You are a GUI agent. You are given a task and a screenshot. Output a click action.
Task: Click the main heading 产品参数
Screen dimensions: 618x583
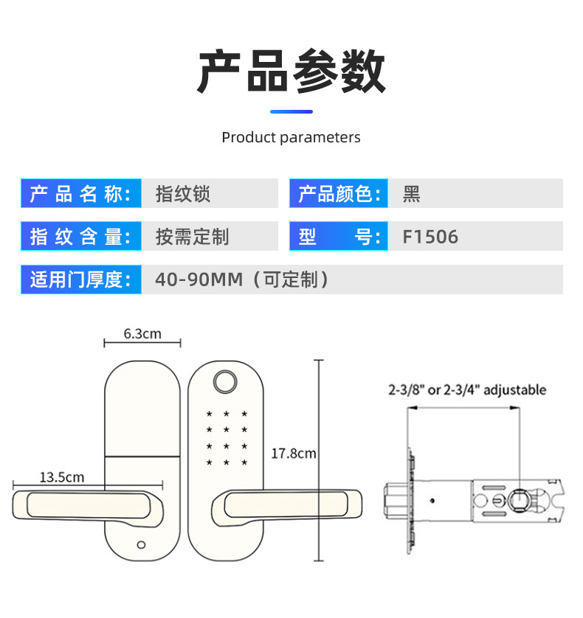[291, 72]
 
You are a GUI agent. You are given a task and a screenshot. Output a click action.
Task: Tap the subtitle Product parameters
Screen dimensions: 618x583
[291, 137]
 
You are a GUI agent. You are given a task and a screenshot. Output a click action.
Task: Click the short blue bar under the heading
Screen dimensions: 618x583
[291, 111]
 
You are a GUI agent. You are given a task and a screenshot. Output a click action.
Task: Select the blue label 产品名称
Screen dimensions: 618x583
[80, 194]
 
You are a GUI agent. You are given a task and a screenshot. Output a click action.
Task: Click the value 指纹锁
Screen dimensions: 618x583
[183, 194]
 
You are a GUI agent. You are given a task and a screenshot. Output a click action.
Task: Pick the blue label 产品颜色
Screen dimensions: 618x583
[338, 194]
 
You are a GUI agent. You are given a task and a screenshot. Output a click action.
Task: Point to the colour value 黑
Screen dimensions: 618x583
[411, 194]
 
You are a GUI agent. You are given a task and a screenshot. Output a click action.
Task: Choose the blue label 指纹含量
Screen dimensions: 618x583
[80, 237]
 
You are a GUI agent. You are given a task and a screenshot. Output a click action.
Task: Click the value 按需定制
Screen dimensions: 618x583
[192, 237]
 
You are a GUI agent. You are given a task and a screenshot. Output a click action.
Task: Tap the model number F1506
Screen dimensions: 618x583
[430, 237]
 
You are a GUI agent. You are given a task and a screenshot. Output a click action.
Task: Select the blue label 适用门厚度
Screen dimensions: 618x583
[80, 280]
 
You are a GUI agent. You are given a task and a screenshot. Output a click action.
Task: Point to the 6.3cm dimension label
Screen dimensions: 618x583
[142, 333]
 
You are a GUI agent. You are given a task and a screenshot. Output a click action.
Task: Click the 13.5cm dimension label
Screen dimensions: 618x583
[61, 477]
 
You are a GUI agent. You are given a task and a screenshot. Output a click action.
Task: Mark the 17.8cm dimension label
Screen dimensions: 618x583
[293, 453]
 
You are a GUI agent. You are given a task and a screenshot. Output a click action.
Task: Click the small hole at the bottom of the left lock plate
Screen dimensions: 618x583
[140, 546]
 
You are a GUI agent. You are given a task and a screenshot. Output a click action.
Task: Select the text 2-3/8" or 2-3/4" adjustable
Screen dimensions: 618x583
[467, 390]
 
